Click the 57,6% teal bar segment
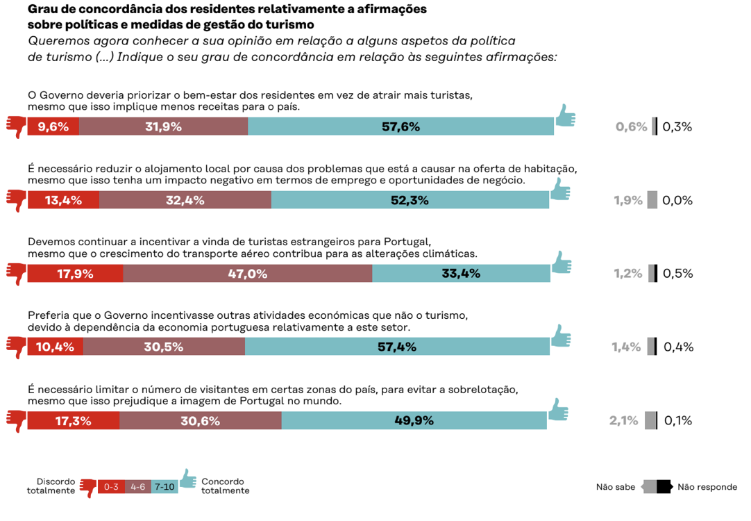click(x=400, y=126)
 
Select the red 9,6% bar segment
click(x=53, y=126)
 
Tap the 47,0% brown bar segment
click(x=248, y=273)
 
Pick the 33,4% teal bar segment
click(x=461, y=273)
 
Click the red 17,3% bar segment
click(x=74, y=420)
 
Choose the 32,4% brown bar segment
click(x=185, y=200)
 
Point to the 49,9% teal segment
click(x=414, y=420)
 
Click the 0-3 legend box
click(x=111, y=487)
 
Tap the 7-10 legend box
click(x=165, y=487)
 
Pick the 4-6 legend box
click(x=138, y=487)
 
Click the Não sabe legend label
click(x=616, y=487)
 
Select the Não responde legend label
click(x=707, y=487)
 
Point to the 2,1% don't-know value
click(x=623, y=420)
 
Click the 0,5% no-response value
click(x=678, y=273)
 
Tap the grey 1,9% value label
click(x=627, y=200)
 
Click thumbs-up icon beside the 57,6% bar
click(x=566, y=116)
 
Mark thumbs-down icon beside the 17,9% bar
click(x=16, y=273)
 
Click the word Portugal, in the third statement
click(x=410, y=242)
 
